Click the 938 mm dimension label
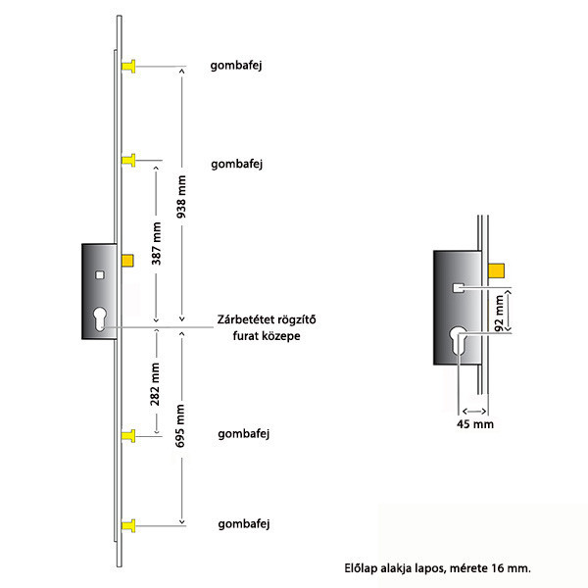[181, 197]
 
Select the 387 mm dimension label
[157, 243]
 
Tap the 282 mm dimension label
[155, 384]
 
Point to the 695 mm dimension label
[180, 425]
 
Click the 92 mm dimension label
[500, 314]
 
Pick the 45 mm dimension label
[475, 424]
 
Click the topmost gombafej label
[236, 66]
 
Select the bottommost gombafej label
[244, 524]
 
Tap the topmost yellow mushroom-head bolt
[128, 66]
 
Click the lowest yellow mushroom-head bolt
[128, 525]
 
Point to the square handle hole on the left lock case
[99, 275]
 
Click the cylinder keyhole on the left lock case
[100, 318]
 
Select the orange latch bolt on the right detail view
[496, 270]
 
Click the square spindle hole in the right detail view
[459, 288]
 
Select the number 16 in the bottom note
[497, 568]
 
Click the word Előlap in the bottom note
[361, 568]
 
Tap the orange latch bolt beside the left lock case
[127, 261]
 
